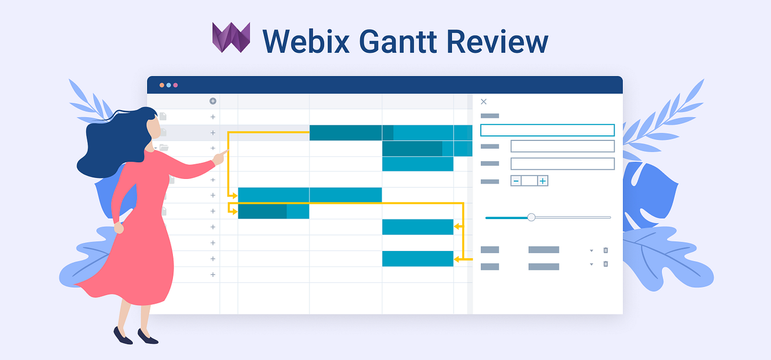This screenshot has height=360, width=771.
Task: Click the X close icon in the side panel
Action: tap(484, 102)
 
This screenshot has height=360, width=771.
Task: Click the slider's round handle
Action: tap(531, 217)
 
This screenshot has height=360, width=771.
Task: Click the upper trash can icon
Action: tap(606, 250)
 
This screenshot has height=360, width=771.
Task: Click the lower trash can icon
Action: tap(606, 264)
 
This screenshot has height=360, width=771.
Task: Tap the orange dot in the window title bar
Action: tap(162, 85)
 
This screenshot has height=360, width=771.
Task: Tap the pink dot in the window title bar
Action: tap(176, 85)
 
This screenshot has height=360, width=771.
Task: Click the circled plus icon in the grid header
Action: tap(213, 101)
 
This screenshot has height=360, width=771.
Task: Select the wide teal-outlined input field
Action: tap(547, 130)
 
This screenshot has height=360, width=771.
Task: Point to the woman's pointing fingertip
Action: tap(227, 152)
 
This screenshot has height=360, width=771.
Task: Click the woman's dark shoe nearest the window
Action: tap(147, 337)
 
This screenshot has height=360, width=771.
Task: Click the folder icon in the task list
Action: tap(164, 148)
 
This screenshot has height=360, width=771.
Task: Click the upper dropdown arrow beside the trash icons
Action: tap(591, 250)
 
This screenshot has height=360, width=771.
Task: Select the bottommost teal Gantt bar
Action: tap(417, 259)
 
